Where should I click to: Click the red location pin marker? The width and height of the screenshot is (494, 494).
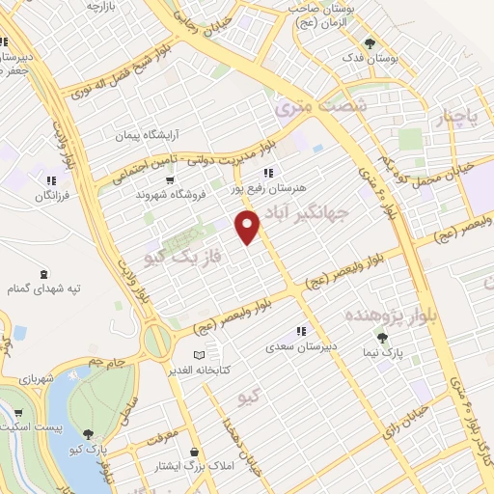click(x=249, y=228)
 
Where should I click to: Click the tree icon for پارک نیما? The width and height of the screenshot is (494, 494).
click(x=382, y=338)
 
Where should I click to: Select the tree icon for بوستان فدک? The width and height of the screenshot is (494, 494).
click(x=370, y=43)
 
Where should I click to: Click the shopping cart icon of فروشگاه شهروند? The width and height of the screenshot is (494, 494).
click(x=170, y=179)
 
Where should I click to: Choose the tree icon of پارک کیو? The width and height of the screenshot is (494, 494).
click(x=89, y=435)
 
